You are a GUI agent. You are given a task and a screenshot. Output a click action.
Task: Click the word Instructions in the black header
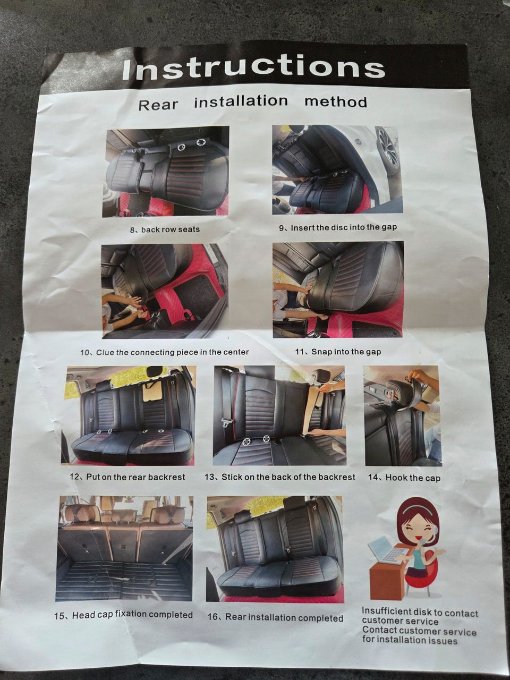254,69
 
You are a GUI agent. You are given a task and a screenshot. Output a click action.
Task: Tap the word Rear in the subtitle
158,105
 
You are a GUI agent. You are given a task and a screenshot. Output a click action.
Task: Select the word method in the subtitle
336,101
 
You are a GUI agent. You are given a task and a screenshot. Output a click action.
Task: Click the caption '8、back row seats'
165,229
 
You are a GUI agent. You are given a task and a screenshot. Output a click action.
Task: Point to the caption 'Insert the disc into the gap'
344,227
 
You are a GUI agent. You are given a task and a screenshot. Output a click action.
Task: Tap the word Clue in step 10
105,353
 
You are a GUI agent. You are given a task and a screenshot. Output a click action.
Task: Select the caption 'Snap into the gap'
346,352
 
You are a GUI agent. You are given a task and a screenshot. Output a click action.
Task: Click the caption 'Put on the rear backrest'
135,477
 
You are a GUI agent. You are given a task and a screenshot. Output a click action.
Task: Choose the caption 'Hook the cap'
413,478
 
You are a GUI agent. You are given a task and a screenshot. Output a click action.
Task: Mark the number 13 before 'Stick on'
209,477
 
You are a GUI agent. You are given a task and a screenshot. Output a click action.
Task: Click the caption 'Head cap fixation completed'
132,615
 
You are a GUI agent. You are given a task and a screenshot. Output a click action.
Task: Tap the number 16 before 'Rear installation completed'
213,616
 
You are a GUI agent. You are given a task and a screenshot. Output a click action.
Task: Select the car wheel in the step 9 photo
389,149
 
